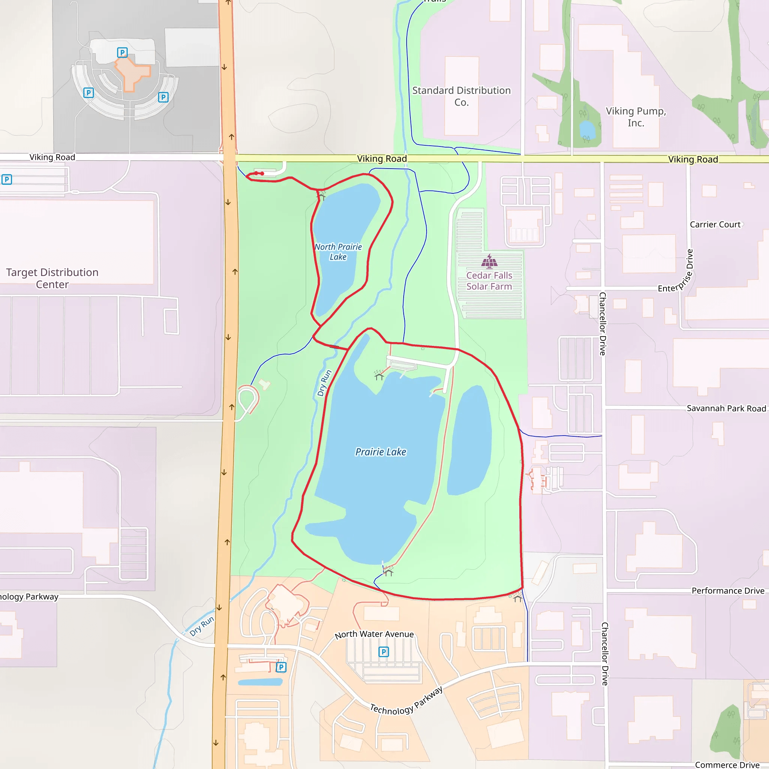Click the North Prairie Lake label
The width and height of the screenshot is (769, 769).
coord(338,252)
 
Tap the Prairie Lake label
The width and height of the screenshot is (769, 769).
coord(380,452)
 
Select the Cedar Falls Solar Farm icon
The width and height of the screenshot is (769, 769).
coord(489,261)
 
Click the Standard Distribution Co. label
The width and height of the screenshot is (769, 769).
coord(461,97)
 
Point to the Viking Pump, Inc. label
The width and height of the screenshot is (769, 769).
coord(636,117)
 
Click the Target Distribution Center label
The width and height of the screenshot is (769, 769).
coord(52,278)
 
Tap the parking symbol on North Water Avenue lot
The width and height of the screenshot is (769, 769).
coord(383,651)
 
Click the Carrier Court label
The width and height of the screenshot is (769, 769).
coord(715,225)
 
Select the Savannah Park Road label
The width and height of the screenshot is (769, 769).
coord(726,409)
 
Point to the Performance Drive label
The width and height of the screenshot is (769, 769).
coord(728,591)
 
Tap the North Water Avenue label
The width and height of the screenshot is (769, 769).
coord(374,634)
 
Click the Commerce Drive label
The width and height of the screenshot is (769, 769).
coord(727,764)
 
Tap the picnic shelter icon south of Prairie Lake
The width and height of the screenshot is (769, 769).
coord(389,572)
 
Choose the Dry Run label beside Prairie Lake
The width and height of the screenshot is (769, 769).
coord(324,383)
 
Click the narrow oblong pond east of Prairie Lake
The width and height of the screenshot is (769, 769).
coord(470,440)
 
